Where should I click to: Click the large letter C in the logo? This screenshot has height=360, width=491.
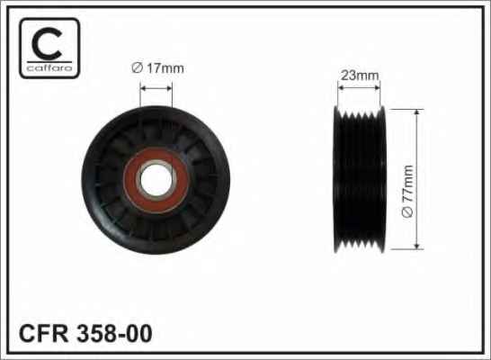pos(47,43)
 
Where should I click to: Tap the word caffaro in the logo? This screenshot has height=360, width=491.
pos(49,68)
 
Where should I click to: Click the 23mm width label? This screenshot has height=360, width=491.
pos(360,76)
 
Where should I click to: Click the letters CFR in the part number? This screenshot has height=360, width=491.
pos(43,334)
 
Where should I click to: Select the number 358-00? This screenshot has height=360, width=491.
pos(114,334)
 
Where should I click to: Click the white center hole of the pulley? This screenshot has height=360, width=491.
pos(156,180)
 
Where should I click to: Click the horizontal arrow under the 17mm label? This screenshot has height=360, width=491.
pos(156,88)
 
